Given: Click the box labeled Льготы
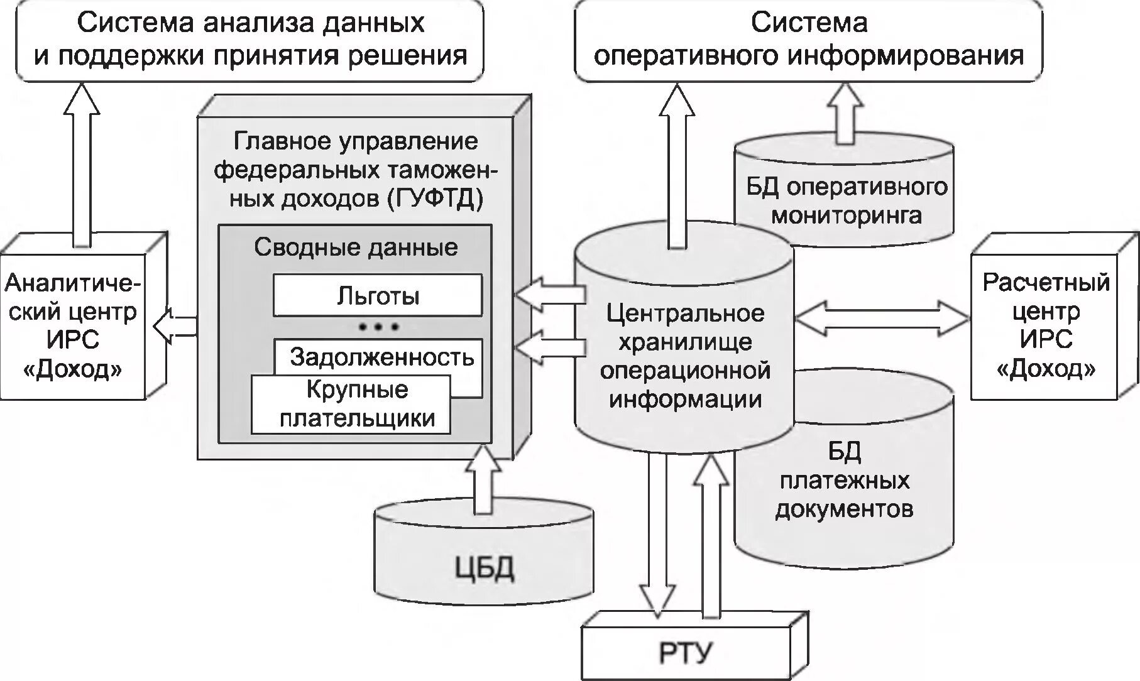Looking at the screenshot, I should point(378,295).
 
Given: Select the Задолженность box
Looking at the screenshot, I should point(381,357).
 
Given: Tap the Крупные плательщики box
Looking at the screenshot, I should point(351,405).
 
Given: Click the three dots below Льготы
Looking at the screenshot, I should point(378,327).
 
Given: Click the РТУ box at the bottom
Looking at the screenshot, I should point(685,653).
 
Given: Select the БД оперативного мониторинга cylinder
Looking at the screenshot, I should point(845,201).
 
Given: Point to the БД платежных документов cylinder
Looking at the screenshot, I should point(843,481).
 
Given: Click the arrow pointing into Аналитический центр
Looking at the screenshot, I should point(175,325).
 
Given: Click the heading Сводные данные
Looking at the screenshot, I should point(355,247).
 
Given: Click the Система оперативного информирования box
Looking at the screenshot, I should point(809,40).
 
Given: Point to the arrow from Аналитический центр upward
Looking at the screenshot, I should point(82,163).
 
